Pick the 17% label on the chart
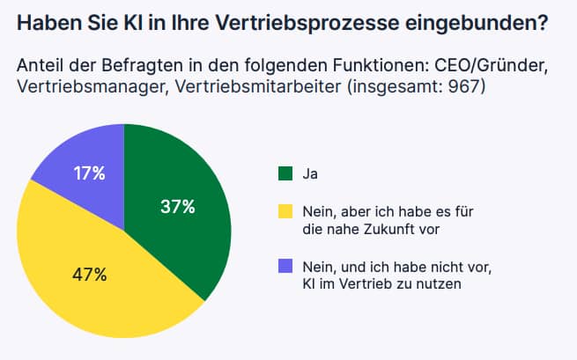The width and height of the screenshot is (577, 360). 89,173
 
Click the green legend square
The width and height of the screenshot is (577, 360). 285,173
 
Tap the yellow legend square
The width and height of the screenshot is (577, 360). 285,211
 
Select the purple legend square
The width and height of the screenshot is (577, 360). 285,266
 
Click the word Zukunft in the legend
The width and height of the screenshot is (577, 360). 392,229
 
